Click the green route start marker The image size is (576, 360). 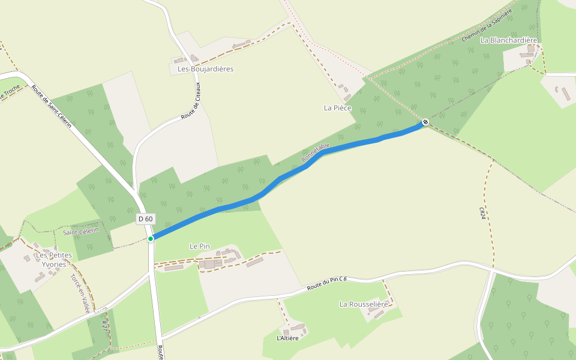[151, 238]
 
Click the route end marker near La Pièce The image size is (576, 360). [425, 122]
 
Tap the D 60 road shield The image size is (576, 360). [145, 219]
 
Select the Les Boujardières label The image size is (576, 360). [205, 69]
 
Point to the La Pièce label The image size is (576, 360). [337, 108]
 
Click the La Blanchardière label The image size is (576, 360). [509, 40]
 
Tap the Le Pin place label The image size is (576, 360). [202, 246]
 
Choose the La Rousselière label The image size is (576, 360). [368, 304]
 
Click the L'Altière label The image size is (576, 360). [287, 338]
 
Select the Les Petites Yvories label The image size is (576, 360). [54, 259]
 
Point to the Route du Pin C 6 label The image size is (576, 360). [327, 283]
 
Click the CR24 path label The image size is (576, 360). [482, 213]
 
